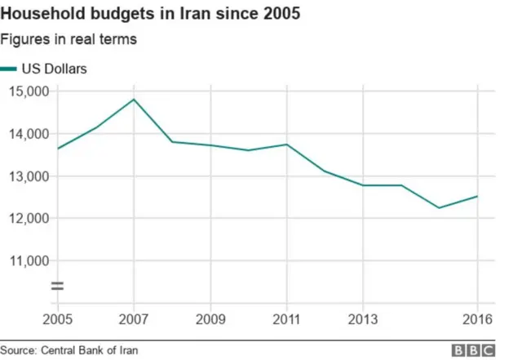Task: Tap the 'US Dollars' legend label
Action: pyautogui.click(x=54, y=69)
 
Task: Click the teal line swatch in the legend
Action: pyautogui.click(x=9, y=70)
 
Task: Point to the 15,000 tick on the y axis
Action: pyautogui.click(x=28, y=91)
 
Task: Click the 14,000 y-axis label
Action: pyautogui.click(x=28, y=134)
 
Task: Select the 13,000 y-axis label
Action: pyautogui.click(x=28, y=176)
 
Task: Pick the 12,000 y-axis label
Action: pyautogui.click(x=28, y=219)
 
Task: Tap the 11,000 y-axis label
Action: pyautogui.click(x=28, y=261)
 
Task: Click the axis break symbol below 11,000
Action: pyautogui.click(x=58, y=286)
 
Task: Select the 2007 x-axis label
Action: pyautogui.click(x=133, y=318)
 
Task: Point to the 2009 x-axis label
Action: pyautogui.click(x=210, y=318)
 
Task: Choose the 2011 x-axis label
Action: pyautogui.click(x=286, y=318)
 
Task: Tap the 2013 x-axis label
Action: pyautogui.click(x=363, y=318)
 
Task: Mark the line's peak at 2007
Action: pyautogui.click(x=134, y=100)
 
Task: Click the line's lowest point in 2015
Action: pyautogui.click(x=440, y=207)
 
